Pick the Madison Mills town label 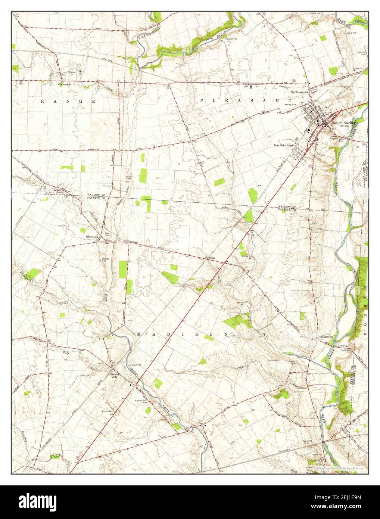(114, 376)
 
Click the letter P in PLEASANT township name (202, 100)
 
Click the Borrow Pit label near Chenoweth (72, 72)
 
